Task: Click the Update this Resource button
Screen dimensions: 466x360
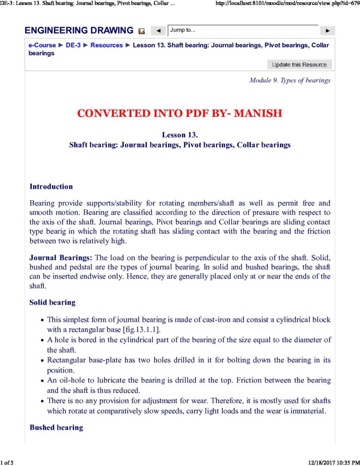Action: coord(299,65)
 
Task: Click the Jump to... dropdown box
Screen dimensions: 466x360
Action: coord(243,30)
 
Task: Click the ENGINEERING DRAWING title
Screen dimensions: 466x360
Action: coord(79,31)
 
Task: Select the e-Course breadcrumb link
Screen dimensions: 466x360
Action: coord(42,45)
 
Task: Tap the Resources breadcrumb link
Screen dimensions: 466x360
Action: coord(106,45)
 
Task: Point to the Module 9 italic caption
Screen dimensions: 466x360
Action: coord(290,81)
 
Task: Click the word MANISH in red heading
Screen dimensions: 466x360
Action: coord(258,113)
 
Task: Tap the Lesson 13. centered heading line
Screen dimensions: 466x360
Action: coord(180,135)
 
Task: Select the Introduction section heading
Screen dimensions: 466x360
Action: coord(51,187)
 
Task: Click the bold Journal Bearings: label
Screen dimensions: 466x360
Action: coord(61,258)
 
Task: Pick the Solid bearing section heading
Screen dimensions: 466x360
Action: coord(52,302)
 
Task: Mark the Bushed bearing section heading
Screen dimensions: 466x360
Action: coord(56,427)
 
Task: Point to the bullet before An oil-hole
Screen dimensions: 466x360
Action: coord(42,380)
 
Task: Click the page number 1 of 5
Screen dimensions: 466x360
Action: coord(7,463)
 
